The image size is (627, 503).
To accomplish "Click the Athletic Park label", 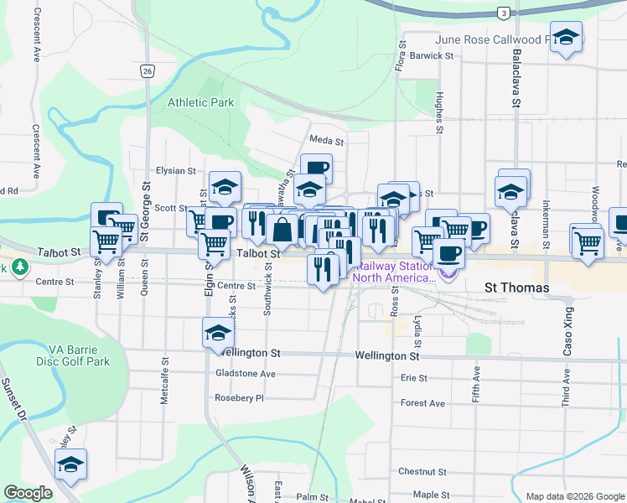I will click(200, 102).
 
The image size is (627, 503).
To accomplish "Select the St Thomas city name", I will click(517, 288).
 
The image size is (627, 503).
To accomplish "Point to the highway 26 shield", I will click(147, 71).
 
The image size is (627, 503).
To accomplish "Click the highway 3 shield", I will click(502, 13).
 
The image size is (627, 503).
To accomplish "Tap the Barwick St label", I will click(432, 56).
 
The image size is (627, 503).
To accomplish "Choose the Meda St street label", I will click(326, 142).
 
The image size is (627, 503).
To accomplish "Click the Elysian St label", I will click(174, 170).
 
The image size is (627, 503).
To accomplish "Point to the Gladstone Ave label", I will click(246, 374).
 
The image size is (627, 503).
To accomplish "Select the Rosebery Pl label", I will click(239, 398).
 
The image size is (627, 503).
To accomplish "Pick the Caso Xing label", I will click(567, 337).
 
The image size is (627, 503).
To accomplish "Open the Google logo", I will click(28, 493).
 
